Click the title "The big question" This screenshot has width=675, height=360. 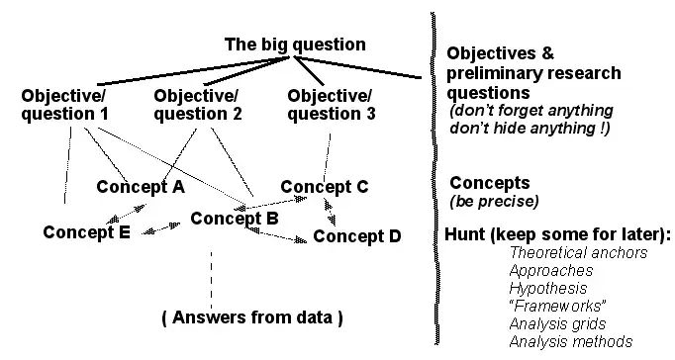pos(295,45)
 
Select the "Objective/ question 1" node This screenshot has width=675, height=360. pos(64,105)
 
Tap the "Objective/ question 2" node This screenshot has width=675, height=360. pos(197,105)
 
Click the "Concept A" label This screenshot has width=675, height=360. pos(142,186)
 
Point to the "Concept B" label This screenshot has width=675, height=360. pos(234,218)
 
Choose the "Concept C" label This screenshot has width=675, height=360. pos(325,186)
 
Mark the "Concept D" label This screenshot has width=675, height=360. pos(357,236)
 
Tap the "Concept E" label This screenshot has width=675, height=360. pos(88,233)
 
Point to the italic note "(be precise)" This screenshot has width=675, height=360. pos(494,202)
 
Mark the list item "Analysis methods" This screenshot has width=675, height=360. pos(571,341)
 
